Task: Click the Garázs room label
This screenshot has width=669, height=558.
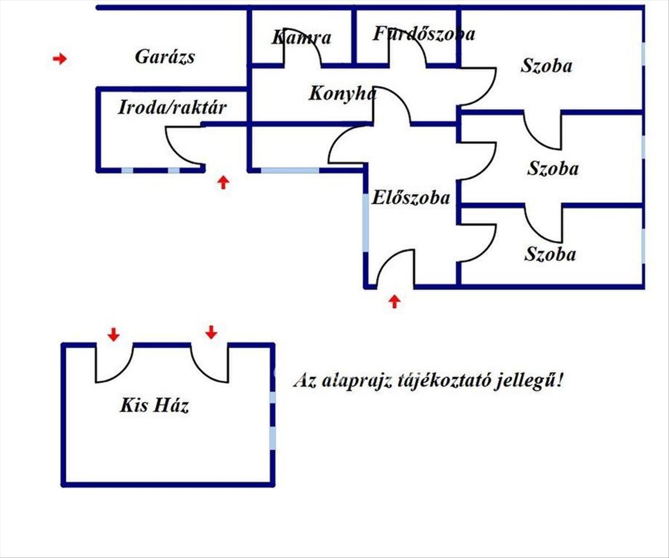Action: (165, 56)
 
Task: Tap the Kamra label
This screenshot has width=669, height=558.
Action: (302, 38)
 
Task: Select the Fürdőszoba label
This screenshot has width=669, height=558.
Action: (424, 33)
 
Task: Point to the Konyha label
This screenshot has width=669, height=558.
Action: (342, 93)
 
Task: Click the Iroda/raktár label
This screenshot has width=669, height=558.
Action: (172, 107)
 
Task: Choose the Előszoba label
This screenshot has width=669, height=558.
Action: (411, 198)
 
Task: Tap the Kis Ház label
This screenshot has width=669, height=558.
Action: (154, 405)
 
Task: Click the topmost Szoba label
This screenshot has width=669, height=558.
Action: (546, 66)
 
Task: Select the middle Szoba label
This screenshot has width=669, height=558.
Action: (552, 169)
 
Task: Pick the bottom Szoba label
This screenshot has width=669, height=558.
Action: (550, 254)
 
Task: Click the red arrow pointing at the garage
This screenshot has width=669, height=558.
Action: (60, 59)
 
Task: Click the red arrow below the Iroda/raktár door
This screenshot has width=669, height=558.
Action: (223, 182)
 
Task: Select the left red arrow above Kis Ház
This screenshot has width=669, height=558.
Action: (113, 334)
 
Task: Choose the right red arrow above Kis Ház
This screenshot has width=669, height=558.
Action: (210, 332)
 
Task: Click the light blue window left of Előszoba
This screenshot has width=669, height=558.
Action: (365, 223)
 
